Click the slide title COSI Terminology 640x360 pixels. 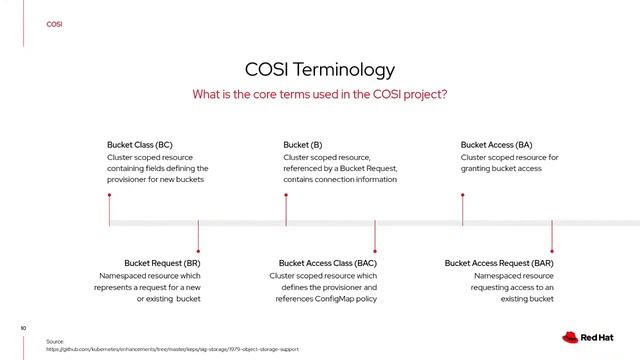pos(320,69)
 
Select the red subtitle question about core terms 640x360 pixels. pos(320,94)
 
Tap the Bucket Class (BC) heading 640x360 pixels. pos(139,145)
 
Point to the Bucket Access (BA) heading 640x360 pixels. pos(496,145)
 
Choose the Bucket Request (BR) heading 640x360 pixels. pos(162,263)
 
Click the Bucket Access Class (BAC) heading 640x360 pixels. pos(327,263)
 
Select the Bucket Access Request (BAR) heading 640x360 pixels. pos(499,263)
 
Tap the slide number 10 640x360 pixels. pos(22,327)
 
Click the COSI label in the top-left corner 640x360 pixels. pos(54,24)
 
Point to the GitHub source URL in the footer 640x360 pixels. pos(172,350)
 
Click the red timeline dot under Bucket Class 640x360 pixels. pos(109,195)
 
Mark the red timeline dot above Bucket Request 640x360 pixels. pos(198,250)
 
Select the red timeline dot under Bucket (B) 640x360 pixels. pos(285,195)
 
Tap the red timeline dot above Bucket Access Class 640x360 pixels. pos(374,250)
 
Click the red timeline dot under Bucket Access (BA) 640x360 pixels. pos(462,195)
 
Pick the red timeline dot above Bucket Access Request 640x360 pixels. pos(551,250)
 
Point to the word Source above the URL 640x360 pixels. pos(55,341)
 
